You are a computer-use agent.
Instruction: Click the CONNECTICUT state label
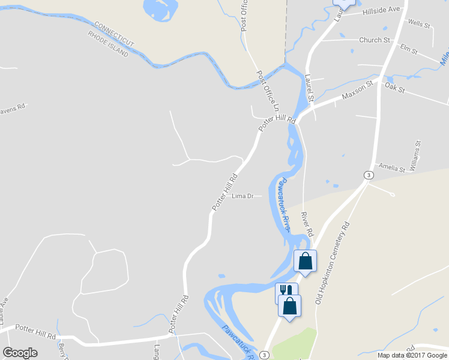(114, 35)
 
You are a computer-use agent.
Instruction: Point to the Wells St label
(419, 25)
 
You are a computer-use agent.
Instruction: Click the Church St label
(375, 40)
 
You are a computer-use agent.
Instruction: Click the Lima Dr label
(243, 196)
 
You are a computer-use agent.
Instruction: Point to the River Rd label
(307, 223)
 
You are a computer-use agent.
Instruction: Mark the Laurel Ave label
(5, 308)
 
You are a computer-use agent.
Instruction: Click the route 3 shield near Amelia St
(369, 175)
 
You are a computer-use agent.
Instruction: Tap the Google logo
(20, 353)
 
